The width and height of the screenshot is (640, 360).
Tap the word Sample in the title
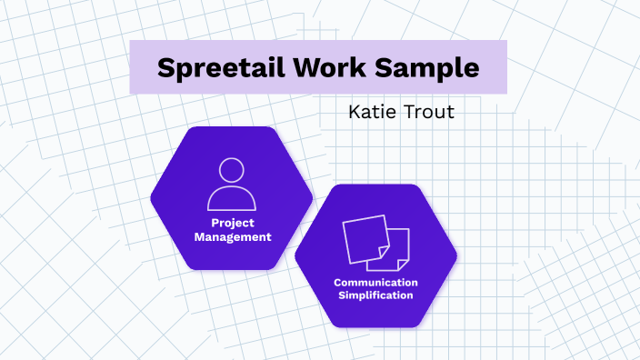(429, 67)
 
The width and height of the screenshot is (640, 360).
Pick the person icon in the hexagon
(231, 185)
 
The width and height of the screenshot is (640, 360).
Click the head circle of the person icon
(231, 171)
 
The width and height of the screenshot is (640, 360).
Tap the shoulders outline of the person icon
(231, 198)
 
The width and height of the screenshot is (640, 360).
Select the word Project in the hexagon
(231, 223)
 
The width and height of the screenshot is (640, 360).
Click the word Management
(231, 236)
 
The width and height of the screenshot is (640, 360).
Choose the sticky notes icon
(375, 243)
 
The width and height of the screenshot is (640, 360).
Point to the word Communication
(375, 282)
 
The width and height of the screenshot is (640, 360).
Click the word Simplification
(375, 295)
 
